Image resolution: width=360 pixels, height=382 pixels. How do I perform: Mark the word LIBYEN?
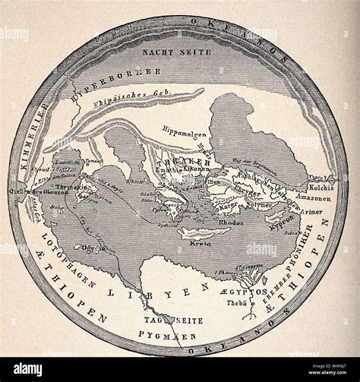[159, 287]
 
